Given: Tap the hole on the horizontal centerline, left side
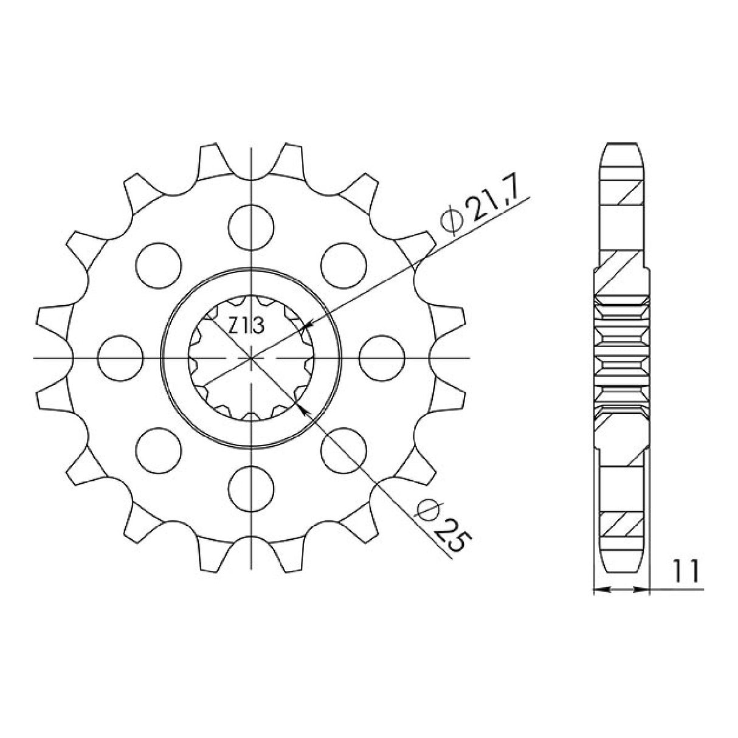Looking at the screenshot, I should [x=120, y=358].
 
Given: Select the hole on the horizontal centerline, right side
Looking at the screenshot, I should [x=382, y=358].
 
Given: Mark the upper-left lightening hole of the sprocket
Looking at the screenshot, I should [x=159, y=264].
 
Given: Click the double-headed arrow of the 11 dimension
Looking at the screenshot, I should [x=621, y=589].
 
